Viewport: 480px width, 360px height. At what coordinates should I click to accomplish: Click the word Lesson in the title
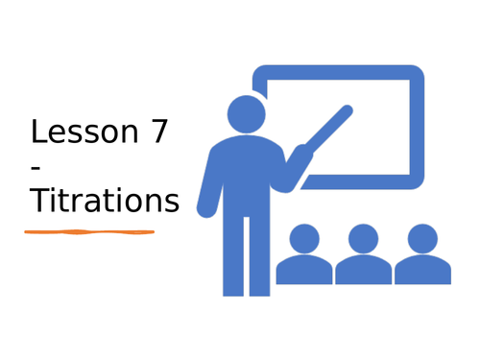81,132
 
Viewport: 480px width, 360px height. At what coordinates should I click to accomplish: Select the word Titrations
104,201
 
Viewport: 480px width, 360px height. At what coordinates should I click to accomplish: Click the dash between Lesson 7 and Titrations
36,168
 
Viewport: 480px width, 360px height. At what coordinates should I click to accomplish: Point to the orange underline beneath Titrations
89,231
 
